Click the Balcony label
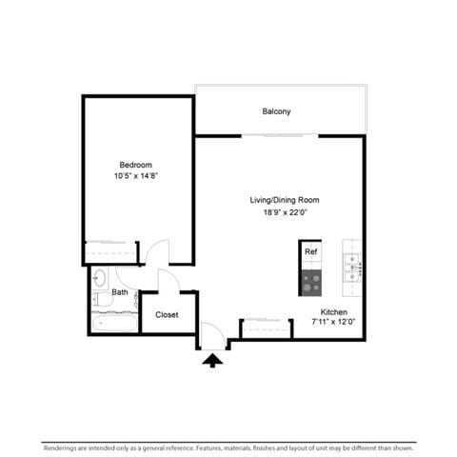click(x=276, y=111)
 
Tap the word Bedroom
click(x=136, y=165)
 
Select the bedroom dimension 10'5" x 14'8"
click(x=136, y=175)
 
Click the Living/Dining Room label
click(x=285, y=200)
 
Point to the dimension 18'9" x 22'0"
click(x=285, y=212)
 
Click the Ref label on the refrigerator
click(x=310, y=251)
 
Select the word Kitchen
click(x=333, y=311)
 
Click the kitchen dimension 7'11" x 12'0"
click(x=333, y=322)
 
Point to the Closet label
click(x=167, y=314)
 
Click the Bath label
click(x=120, y=292)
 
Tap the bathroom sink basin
click(x=100, y=278)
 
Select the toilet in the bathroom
click(x=102, y=299)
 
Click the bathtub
click(x=114, y=323)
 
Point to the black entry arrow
click(x=212, y=361)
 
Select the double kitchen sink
click(x=352, y=268)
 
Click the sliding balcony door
click(x=280, y=136)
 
